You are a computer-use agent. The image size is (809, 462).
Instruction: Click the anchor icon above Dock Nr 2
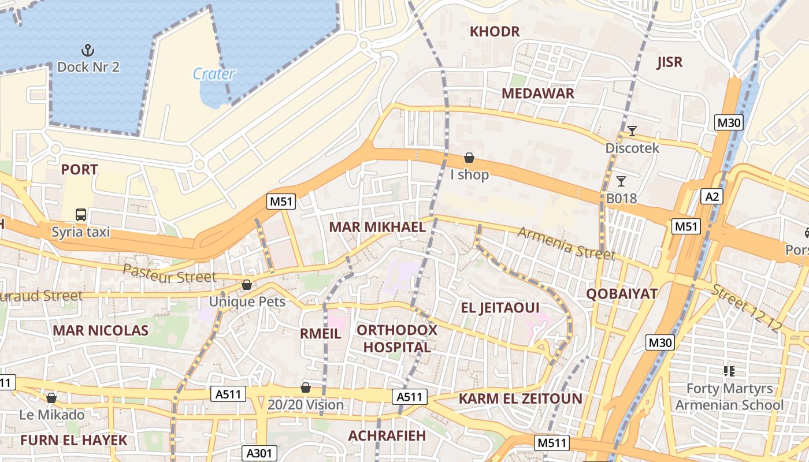(88, 50)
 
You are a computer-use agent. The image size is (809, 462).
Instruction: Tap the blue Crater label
(214, 74)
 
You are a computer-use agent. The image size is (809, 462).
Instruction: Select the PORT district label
(79, 170)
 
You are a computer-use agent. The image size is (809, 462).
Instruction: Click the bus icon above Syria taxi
(81, 215)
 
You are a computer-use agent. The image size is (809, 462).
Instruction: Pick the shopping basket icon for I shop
(469, 158)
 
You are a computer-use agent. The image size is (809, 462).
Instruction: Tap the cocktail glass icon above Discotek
(632, 131)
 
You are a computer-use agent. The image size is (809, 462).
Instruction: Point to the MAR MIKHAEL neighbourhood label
(377, 227)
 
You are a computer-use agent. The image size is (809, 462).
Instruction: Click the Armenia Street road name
(565, 243)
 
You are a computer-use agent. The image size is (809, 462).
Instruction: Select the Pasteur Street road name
(169, 273)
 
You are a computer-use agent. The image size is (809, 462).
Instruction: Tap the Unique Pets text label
(247, 301)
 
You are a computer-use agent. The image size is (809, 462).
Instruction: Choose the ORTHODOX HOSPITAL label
(397, 338)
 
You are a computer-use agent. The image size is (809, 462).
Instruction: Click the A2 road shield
(712, 196)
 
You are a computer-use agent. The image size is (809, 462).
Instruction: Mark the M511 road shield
(552, 443)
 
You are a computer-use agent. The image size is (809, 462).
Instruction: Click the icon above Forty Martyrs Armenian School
(729, 371)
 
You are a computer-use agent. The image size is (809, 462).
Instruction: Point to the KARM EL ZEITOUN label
(521, 398)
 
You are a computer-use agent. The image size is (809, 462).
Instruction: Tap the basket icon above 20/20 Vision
(306, 388)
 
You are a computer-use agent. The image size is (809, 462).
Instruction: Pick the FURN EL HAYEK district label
(73, 440)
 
